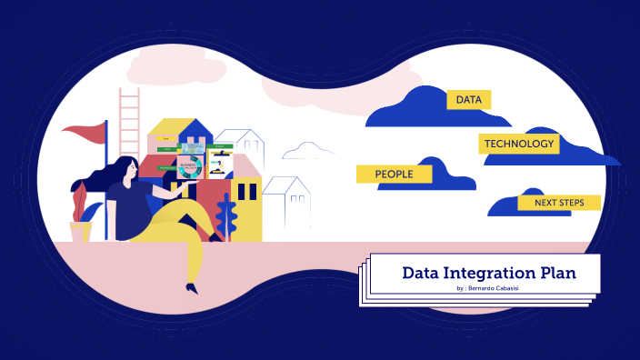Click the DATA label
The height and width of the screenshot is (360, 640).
[468, 99]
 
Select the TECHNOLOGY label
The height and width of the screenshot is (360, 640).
[518, 144]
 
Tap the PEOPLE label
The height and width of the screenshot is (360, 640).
[394, 174]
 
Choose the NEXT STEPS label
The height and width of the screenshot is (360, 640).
[559, 203]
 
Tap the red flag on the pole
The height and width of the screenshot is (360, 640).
[85, 135]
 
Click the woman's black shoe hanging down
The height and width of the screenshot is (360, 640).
[191, 288]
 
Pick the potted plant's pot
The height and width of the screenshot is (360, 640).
[81, 232]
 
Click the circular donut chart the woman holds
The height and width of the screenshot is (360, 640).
[190, 168]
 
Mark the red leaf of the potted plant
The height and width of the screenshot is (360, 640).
[80, 201]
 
